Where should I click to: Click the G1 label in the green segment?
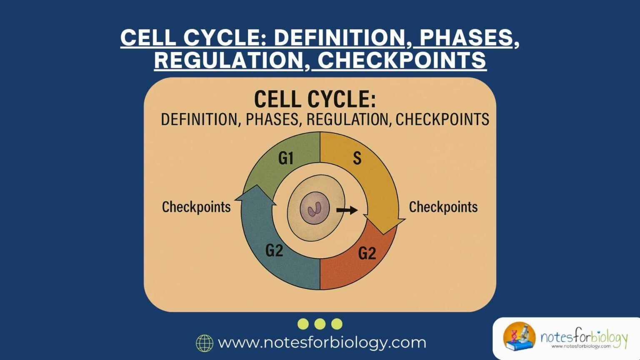(x=286, y=158)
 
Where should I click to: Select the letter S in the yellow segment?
(x=357, y=158)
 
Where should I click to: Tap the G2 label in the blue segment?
(x=274, y=250)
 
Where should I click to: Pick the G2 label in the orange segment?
(x=367, y=253)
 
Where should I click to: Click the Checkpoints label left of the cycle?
(x=196, y=207)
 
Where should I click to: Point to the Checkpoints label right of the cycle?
(x=443, y=207)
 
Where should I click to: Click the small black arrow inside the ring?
(x=347, y=210)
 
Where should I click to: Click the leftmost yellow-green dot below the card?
(x=303, y=324)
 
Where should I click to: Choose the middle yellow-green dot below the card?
(x=320, y=324)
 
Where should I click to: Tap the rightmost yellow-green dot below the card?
(x=337, y=324)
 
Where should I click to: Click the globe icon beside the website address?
(x=205, y=343)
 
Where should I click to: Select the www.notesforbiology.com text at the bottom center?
(x=322, y=342)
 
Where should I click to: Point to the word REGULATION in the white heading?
(x=228, y=60)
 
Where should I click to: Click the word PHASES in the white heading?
(x=466, y=37)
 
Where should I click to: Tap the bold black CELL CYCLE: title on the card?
(x=315, y=100)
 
